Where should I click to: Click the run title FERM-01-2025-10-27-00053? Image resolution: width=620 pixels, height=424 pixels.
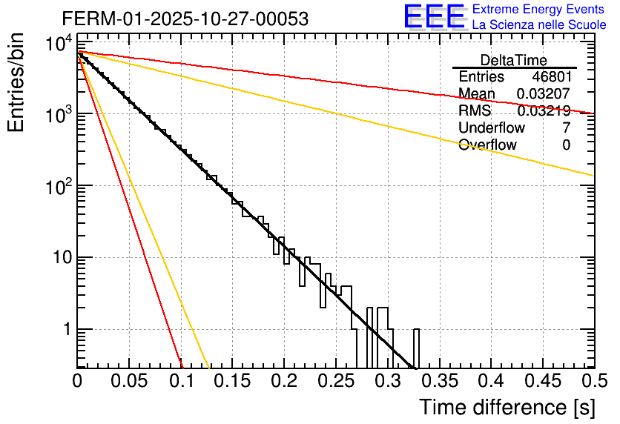(x=185, y=19)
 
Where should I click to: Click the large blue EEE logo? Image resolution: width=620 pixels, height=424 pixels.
(x=434, y=17)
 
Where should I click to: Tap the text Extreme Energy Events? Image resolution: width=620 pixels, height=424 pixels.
(x=539, y=10)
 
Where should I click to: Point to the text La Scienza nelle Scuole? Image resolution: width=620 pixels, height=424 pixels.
(x=539, y=25)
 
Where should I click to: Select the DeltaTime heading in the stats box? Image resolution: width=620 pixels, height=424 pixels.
(x=514, y=60)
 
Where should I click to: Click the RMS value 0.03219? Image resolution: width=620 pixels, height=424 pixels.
(x=544, y=111)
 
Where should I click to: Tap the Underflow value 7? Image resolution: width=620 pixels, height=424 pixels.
(x=566, y=128)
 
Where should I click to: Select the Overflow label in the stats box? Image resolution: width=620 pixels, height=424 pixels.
(x=487, y=145)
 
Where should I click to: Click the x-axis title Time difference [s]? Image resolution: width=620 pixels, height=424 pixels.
(x=507, y=407)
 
